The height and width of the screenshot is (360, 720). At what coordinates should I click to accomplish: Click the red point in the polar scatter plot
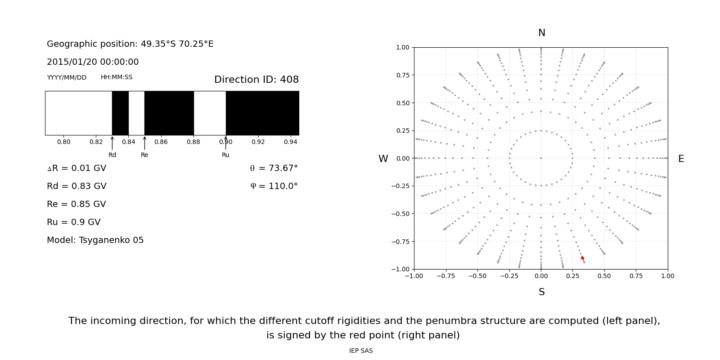(582, 258)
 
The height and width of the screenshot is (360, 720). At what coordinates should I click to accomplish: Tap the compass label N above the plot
(542, 33)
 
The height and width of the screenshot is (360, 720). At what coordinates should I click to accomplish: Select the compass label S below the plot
(542, 292)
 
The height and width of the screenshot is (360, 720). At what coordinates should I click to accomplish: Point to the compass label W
(383, 159)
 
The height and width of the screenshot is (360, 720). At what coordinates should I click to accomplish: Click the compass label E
(681, 159)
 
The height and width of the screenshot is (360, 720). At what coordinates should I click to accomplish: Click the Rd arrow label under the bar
(112, 155)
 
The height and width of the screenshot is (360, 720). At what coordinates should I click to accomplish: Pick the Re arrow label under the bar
(144, 155)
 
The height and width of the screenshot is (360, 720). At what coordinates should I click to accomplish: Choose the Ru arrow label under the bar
(225, 155)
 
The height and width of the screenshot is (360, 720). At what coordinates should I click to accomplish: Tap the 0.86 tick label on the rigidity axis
(161, 142)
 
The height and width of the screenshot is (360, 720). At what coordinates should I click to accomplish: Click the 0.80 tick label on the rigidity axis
(63, 142)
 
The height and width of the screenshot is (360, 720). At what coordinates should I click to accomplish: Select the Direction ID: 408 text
(256, 80)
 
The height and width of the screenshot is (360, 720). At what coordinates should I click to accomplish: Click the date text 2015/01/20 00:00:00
(93, 62)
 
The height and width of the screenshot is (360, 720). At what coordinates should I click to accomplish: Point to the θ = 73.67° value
(274, 168)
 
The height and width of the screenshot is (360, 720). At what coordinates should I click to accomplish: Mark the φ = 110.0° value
(274, 186)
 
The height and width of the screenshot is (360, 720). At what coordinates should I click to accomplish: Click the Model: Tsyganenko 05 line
(95, 240)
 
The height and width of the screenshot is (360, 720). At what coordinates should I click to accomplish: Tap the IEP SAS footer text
(361, 351)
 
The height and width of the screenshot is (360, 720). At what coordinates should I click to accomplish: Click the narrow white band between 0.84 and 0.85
(136, 113)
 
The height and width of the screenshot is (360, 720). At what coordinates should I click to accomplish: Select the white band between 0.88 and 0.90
(210, 113)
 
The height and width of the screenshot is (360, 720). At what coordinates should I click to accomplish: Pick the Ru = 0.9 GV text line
(74, 222)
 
